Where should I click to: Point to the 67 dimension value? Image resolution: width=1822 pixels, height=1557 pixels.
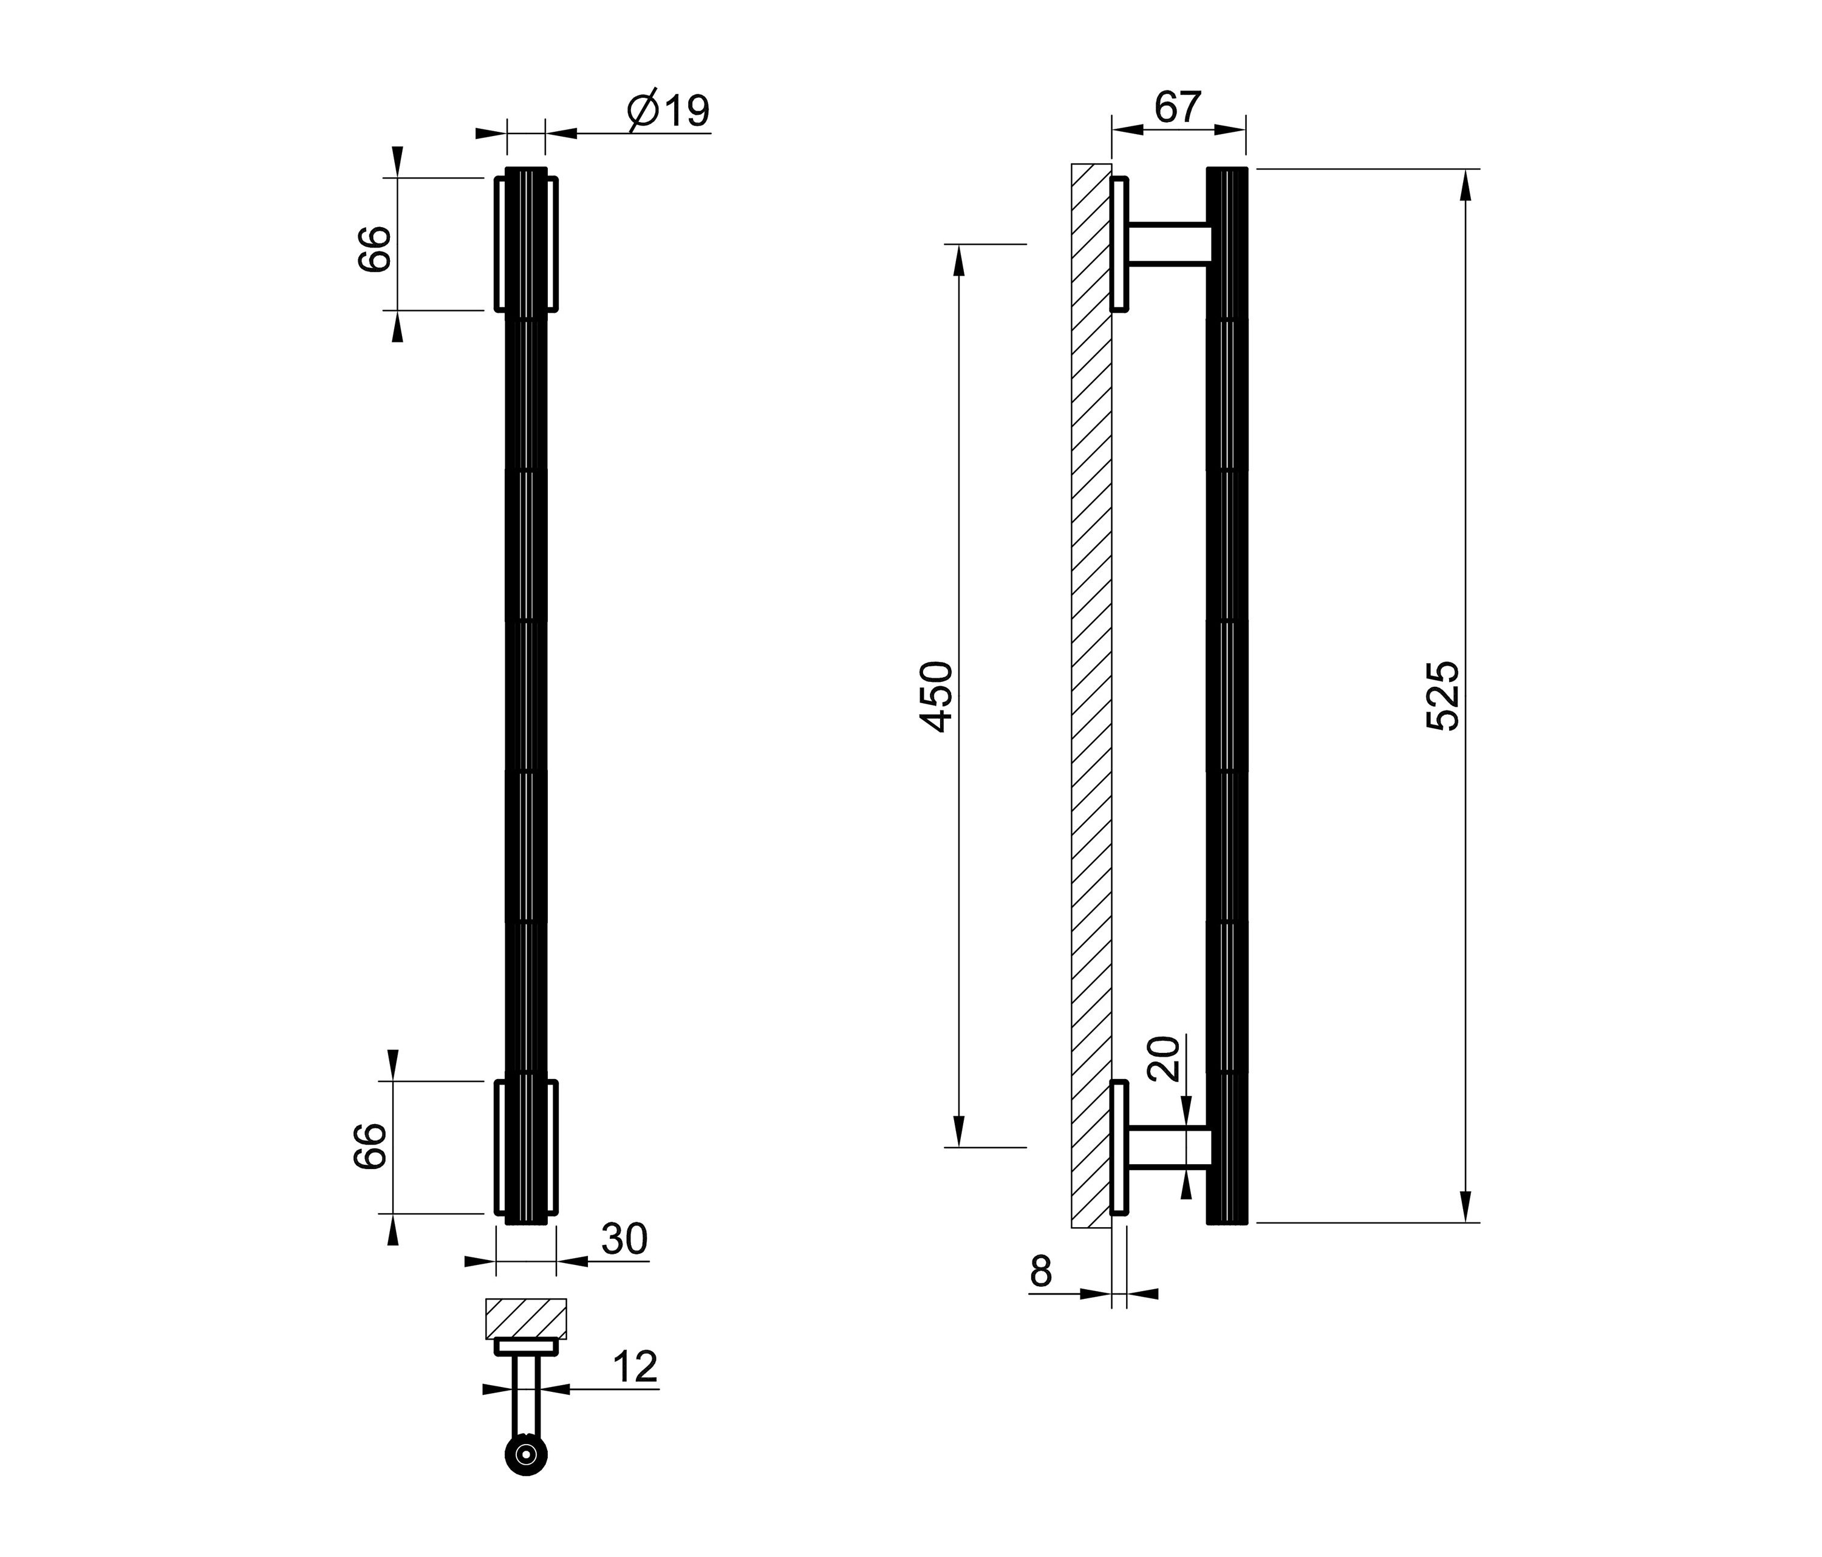click(x=1178, y=107)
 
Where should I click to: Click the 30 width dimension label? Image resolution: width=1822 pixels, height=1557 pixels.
click(x=624, y=1239)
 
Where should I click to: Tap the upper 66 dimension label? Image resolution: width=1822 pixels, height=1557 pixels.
click(x=374, y=249)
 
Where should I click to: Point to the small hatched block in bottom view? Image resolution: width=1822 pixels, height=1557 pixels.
click(x=526, y=1319)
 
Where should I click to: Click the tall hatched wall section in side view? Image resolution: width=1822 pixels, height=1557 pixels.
click(x=1091, y=695)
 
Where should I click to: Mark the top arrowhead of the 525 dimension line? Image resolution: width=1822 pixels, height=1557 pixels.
click(x=1465, y=185)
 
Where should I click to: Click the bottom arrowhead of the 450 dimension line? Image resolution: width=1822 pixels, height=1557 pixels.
click(x=958, y=1131)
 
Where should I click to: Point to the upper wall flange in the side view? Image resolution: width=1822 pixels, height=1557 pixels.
click(x=1119, y=244)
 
